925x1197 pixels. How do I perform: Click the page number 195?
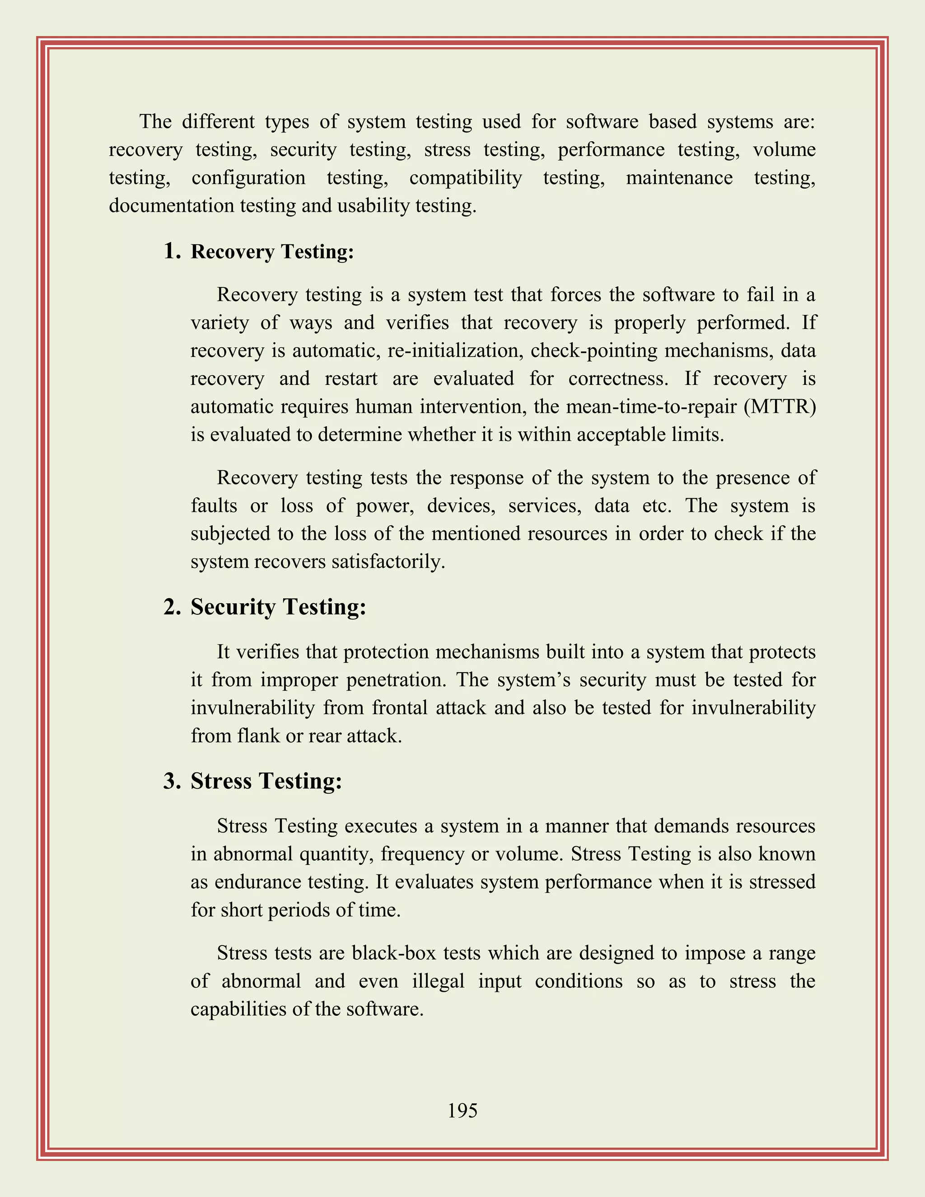(x=462, y=1111)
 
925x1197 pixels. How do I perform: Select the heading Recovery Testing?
(x=272, y=252)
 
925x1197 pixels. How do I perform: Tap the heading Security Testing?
(x=278, y=607)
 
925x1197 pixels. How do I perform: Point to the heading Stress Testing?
(x=266, y=781)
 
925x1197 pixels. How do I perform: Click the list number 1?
(x=172, y=251)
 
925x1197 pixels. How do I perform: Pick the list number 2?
(x=172, y=607)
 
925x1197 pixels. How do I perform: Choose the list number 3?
(x=172, y=781)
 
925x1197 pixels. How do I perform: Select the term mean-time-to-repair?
(x=651, y=407)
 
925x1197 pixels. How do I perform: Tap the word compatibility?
(x=465, y=178)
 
